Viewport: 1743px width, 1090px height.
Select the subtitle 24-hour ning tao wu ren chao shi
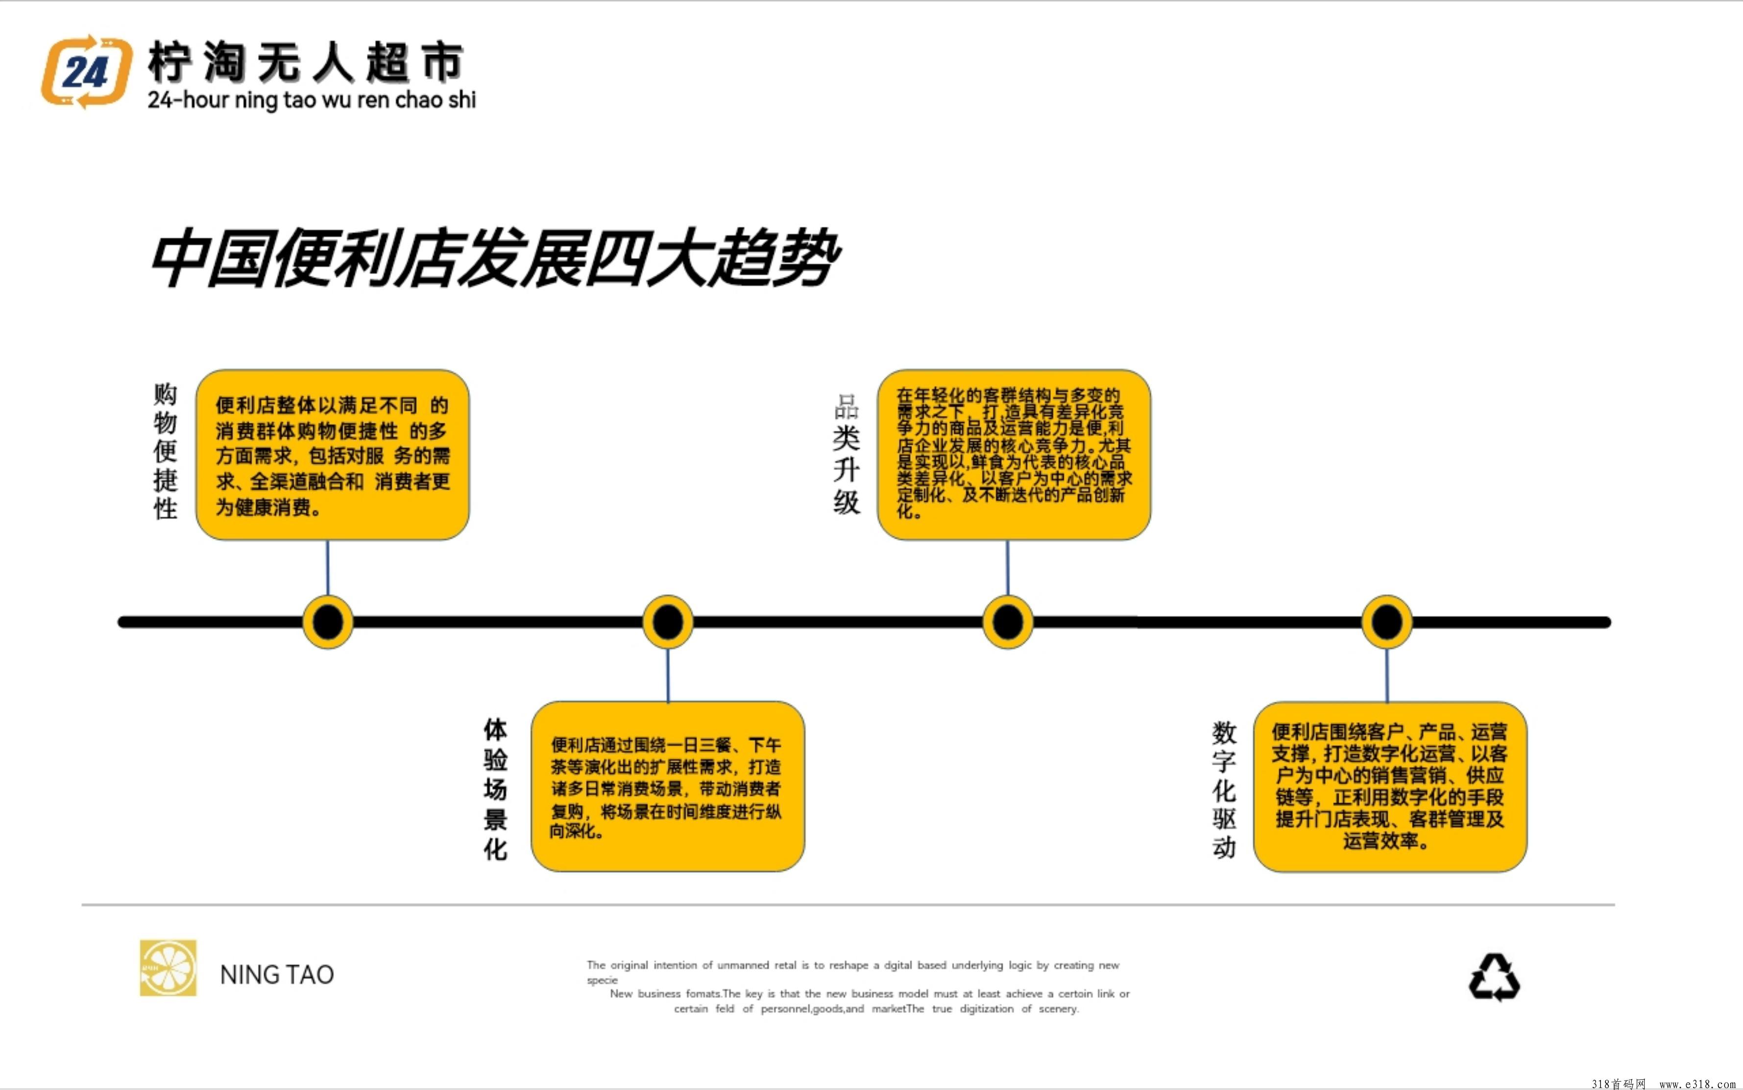pos(312,99)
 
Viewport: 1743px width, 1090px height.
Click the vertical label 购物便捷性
pos(165,451)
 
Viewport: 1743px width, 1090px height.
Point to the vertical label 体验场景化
pos(495,789)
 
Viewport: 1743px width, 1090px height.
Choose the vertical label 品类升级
pos(847,454)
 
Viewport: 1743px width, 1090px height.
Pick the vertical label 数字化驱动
pos(1224,789)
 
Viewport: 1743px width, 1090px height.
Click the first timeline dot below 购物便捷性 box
pos(328,621)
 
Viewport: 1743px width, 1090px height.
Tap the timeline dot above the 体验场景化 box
pos(668,621)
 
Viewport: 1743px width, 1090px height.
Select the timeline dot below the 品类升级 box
pos(1008,621)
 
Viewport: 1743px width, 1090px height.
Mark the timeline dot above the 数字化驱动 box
pos(1387,621)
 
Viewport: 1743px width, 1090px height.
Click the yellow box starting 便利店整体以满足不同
pos(332,455)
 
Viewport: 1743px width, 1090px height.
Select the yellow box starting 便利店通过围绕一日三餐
pos(668,786)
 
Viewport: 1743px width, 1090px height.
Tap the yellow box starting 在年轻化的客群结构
pos(1014,455)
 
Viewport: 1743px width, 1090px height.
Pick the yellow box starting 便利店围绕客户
pos(1390,786)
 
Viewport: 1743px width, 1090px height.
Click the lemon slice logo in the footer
pos(168,968)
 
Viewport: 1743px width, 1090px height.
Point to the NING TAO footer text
pos(277,975)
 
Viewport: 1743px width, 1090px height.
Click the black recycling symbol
pos(1494,977)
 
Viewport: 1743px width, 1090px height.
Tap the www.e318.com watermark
pos(1697,1084)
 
